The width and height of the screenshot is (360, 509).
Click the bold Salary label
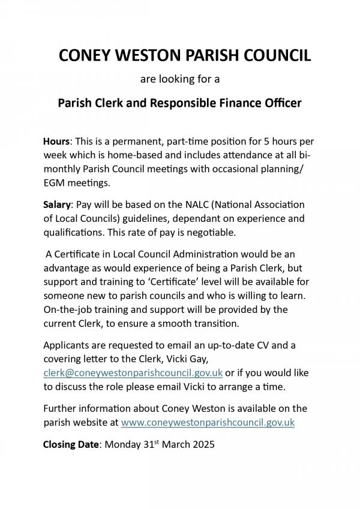pos(58,206)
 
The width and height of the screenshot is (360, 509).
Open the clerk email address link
pos(133,372)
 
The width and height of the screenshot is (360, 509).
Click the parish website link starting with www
pos(208,422)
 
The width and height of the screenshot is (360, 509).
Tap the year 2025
pos(202,445)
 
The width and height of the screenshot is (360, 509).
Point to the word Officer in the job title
pos(281,103)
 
